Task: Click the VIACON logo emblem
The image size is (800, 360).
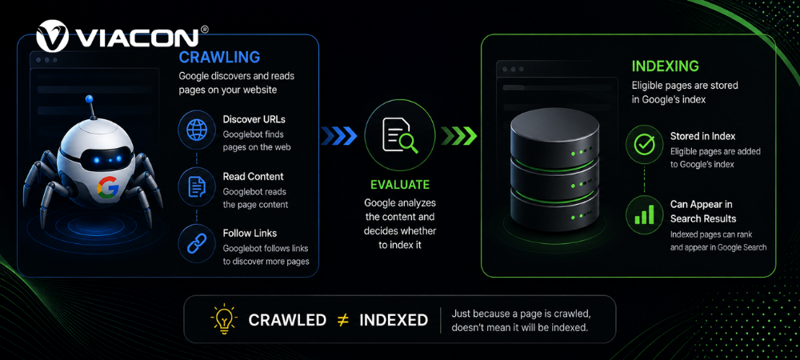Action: click(x=53, y=36)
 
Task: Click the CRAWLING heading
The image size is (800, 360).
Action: click(x=219, y=57)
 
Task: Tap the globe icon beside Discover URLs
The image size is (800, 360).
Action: click(x=196, y=130)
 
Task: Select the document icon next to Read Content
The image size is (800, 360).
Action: click(x=196, y=186)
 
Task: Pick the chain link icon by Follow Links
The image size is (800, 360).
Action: click(x=196, y=243)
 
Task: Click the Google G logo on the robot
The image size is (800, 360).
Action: click(x=108, y=188)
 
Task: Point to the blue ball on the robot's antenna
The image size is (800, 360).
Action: click(x=90, y=99)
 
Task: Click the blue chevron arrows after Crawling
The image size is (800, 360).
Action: click(x=339, y=136)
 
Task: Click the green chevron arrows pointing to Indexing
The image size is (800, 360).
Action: click(x=458, y=136)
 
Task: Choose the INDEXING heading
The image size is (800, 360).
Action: click(x=666, y=66)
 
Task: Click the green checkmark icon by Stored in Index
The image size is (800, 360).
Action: click(x=644, y=145)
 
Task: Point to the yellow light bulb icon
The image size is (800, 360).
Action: click(x=223, y=318)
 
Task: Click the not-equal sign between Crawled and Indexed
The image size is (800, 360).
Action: click(x=342, y=320)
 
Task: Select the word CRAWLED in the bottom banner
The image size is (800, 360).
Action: click(x=287, y=320)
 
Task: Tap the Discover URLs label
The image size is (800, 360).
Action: click(x=254, y=120)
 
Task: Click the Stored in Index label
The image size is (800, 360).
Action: click(x=702, y=137)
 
